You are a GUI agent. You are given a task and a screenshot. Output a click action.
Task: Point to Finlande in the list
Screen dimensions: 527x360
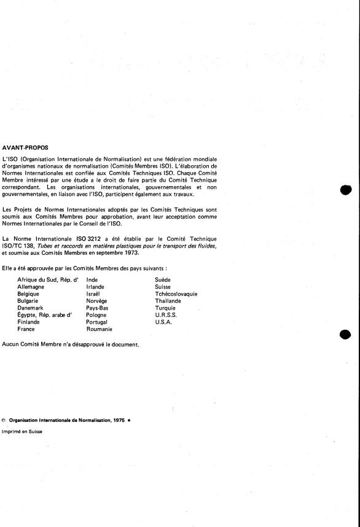[30, 322]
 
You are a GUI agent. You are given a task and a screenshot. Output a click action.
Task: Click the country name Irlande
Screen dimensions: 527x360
[95, 287]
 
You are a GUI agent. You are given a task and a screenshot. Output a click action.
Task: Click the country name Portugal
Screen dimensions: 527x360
[97, 322]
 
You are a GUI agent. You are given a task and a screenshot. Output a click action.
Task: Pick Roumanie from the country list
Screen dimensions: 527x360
[100, 329]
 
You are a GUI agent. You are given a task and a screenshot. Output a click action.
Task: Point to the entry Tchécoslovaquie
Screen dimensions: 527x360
[177, 294]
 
